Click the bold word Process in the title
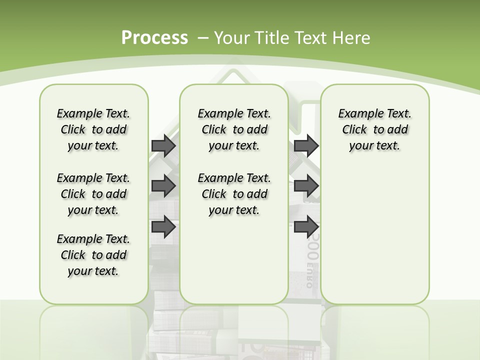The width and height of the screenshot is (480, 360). pyautogui.click(x=154, y=37)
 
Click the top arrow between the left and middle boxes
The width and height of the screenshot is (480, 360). pyautogui.click(x=163, y=145)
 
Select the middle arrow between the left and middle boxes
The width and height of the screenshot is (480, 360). pyautogui.click(x=163, y=186)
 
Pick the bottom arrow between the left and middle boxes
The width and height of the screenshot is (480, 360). pyautogui.click(x=163, y=226)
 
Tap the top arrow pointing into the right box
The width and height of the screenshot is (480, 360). pyautogui.click(x=306, y=145)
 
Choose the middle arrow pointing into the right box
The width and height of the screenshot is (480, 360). pyautogui.click(x=306, y=186)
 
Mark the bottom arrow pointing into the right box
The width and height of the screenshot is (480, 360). pyautogui.click(x=306, y=226)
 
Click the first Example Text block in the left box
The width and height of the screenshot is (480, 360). pyautogui.click(x=93, y=129)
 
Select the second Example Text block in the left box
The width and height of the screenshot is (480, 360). pyautogui.click(x=93, y=194)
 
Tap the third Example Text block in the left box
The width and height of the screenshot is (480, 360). pyautogui.click(x=93, y=255)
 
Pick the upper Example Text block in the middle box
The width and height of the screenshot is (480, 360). pyautogui.click(x=234, y=129)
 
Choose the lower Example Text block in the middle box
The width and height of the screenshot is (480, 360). pyautogui.click(x=234, y=194)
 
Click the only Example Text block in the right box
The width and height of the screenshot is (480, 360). pyautogui.click(x=374, y=129)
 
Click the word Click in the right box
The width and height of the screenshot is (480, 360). pyautogui.click(x=354, y=129)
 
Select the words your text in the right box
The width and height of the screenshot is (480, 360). pyautogui.click(x=374, y=145)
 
